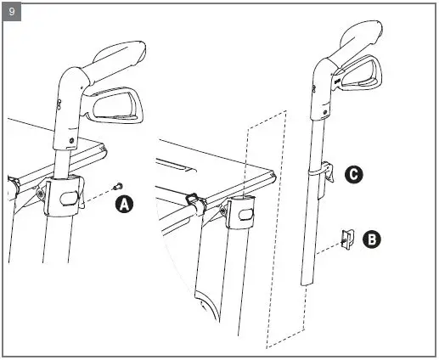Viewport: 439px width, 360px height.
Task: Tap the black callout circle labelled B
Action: click(x=371, y=239)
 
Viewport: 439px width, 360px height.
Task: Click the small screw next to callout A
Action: click(x=118, y=186)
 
